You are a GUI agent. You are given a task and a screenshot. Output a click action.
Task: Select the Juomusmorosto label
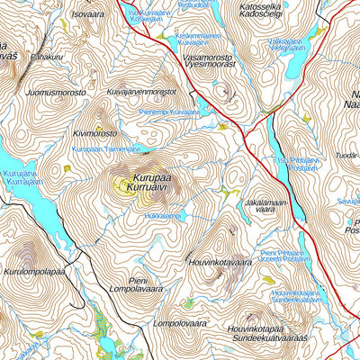click(x=56, y=91)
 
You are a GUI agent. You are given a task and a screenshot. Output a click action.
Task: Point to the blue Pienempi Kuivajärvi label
click(x=170, y=112)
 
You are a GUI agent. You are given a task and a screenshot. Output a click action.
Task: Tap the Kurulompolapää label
click(x=35, y=271)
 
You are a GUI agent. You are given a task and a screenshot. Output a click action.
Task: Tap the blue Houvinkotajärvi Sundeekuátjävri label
click(x=295, y=296)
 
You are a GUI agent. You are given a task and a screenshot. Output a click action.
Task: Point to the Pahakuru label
click(x=45, y=56)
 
